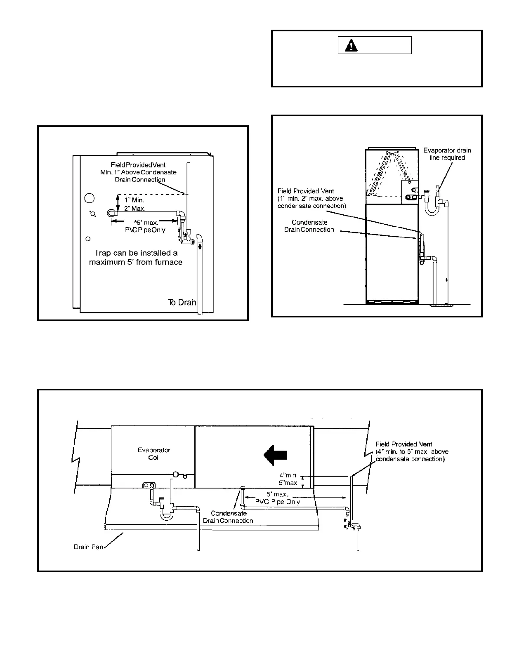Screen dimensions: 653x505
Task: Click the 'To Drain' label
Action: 182,302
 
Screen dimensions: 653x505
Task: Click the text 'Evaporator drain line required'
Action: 447,154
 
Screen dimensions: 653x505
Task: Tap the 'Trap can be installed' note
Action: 136,257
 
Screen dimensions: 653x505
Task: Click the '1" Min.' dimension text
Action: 134,200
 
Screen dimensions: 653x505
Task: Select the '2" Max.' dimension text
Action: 135,209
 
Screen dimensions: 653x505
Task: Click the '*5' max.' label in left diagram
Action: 146,223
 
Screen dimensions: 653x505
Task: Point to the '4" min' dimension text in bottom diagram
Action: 288,475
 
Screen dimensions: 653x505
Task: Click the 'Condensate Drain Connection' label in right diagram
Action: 309,226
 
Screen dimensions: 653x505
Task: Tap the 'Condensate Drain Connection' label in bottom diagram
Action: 228,517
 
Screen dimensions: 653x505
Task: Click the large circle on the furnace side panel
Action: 90,198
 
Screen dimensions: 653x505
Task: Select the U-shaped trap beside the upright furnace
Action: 432,207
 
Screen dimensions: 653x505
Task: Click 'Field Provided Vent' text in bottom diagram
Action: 404,444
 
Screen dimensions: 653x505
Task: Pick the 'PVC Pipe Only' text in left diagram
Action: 145,230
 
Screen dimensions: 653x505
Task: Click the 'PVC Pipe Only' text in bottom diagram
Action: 278,502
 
